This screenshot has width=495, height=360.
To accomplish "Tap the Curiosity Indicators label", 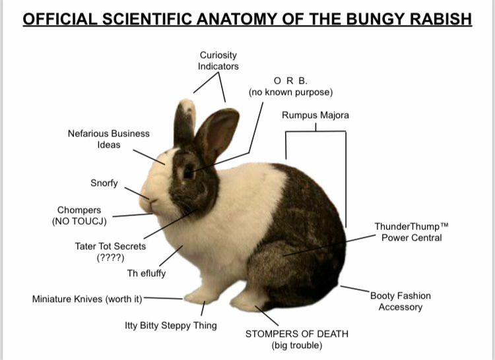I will [218, 61].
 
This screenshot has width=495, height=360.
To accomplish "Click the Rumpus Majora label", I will [315, 115].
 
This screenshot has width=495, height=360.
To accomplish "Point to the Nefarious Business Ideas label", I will [109, 138].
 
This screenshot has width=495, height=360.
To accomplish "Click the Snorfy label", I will [104, 183].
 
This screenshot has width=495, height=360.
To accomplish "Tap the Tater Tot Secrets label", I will [110, 251].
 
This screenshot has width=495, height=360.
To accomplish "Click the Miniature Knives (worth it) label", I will [87, 299].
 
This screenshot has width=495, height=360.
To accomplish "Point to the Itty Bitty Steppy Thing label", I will [171, 326].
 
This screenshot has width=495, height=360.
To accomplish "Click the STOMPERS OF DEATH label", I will [296, 339].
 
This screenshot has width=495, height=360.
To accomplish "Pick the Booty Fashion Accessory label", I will [400, 301].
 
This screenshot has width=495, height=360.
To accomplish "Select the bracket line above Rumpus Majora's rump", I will [315, 132].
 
